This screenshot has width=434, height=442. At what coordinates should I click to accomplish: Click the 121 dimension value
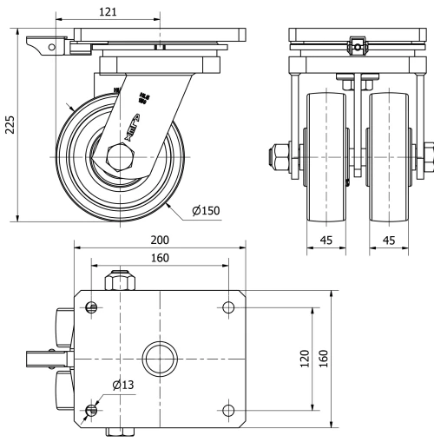[x=108, y=13]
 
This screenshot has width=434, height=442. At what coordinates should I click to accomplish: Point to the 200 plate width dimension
[x=159, y=241]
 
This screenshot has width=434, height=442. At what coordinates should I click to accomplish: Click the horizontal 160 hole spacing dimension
[x=159, y=258]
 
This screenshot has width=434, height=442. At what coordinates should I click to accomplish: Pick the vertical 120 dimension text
[x=305, y=358]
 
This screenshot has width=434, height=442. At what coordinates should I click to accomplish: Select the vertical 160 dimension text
[x=324, y=358]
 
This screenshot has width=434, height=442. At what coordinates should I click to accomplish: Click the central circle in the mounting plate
[x=160, y=358]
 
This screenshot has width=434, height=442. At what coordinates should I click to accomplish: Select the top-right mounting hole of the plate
[x=228, y=307]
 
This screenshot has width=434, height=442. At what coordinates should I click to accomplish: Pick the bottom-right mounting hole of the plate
[x=228, y=409]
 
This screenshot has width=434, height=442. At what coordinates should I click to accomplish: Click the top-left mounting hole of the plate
[x=91, y=307]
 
